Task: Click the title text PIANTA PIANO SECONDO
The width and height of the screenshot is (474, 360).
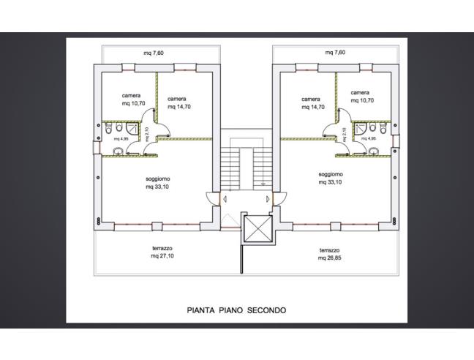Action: click(x=236, y=310)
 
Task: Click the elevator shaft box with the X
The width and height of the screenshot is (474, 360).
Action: click(x=258, y=229)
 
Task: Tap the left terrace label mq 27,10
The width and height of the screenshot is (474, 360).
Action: click(x=162, y=256)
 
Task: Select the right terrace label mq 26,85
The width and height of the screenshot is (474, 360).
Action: click(x=329, y=258)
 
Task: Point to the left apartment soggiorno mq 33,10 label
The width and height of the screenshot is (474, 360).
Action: click(x=157, y=183)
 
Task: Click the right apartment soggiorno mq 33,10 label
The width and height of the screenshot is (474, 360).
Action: click(x=331, y=179)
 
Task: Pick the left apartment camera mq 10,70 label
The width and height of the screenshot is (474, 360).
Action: click(x=133, y=100)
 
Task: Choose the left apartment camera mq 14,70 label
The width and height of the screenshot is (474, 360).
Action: click(x=179, y=102)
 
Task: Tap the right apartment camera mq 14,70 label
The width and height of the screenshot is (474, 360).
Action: click(x=313, y=103)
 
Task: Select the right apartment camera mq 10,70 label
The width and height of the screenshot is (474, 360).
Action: click(x=362, y=97)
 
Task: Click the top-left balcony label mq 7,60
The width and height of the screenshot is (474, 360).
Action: click(x=154, y=53)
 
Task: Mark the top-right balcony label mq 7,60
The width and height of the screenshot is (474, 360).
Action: click(x=335, y=52)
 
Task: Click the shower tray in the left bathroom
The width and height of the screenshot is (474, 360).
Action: click(x=132, y=128)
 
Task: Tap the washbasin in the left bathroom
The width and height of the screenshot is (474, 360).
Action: click(x=118, y=151)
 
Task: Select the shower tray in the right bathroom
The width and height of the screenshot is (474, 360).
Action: click(x=361, y=128)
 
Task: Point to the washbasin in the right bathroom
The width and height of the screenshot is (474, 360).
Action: click(x=374, y=151)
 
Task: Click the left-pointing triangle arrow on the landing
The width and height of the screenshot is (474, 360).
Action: click(x=225, y=199)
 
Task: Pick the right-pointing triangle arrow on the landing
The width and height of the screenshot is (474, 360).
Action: click(x=268, y=199)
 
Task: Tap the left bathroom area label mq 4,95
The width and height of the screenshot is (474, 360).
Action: click(x=121, y=139)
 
